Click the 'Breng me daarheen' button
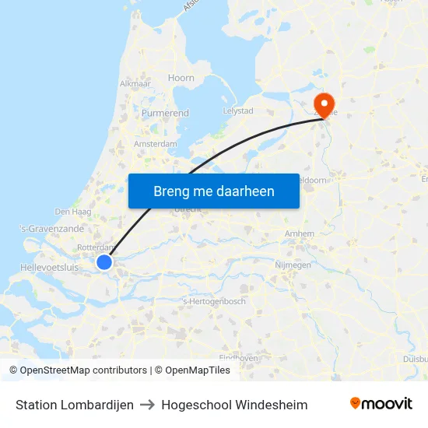pyautogui.click(x=214, y=191)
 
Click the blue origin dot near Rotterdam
pyautogui.click(x=104, y=263)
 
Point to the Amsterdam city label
pyautogui.click(x=156, y=144)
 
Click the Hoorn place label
pyautogui.click(x=181, y=78)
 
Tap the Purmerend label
pyautogui.click(x=165, y=113)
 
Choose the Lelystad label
pyautogui.click(x=238, y=111)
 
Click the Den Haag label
pyautogui.click(x=73, y=211)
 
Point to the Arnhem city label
pyautogui.click(x=300, y=233)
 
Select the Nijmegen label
pyautogui.click(x=293, y=265)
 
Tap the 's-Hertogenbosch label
pyautogui.click(x=213, y=301)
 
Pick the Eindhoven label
pyautogui.click(x=238, y=357)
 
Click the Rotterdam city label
pyautogui.click(x=96, y=247)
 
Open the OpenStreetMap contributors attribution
pyautogui.click(x=83, y=370)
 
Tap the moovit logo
pyautogui.click(x=381, y=404)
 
